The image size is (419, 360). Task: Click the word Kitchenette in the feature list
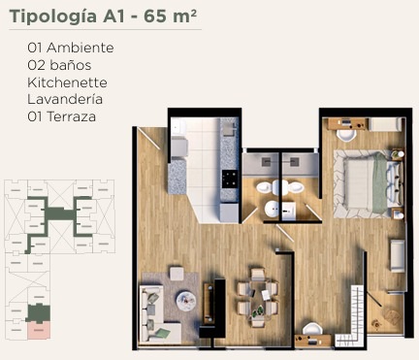coord(67,82)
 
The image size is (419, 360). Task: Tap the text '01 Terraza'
coord(61,116)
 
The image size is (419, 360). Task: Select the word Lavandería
coord(65,99)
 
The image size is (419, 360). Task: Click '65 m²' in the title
coord(170,16)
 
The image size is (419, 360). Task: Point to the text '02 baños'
coord(59,65)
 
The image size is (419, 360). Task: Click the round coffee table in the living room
coord(186,301)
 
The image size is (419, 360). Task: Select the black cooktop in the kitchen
coord(230,179)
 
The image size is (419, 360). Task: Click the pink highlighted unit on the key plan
coord(39,330)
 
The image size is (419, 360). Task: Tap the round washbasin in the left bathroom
coord(272,209)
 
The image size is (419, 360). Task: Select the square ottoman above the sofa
coord(177,274)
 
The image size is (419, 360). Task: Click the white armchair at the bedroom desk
coord(346,135)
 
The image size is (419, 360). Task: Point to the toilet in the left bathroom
coord(267,187)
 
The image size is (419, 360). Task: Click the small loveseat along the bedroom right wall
coord(398,255)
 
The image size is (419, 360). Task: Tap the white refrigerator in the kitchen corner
coord(178,127)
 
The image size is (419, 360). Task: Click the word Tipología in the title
coord(53,17)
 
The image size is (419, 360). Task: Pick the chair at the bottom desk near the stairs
coord(312,329)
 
